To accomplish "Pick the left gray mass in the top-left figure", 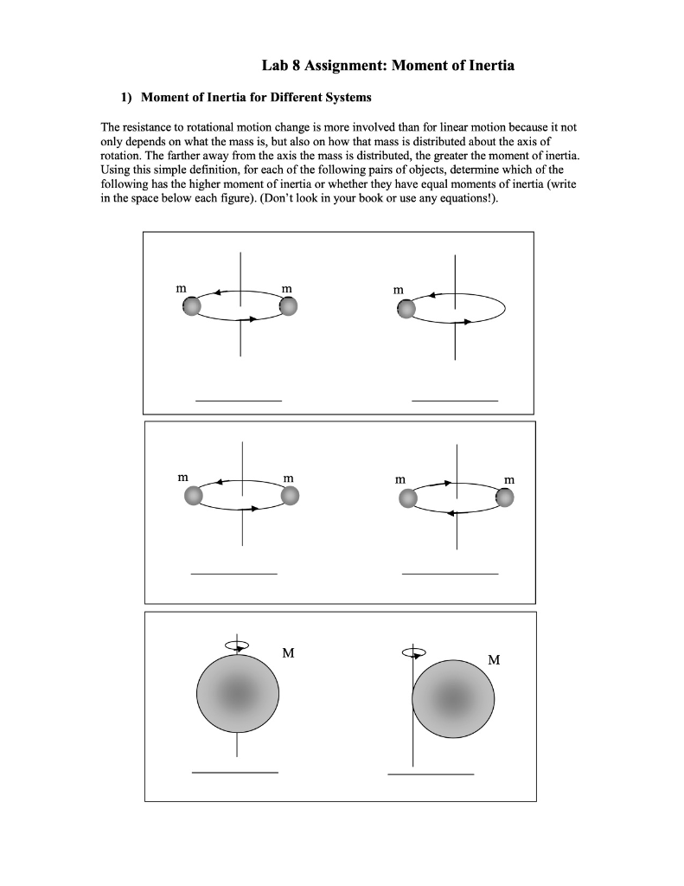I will click(192, 306).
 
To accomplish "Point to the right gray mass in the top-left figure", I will click(288, 306).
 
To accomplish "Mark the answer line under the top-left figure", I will click(239, 401).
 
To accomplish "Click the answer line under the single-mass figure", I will click(455, 401).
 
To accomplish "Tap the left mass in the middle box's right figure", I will click(407, 497).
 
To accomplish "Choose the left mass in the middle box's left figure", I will click(194, 495).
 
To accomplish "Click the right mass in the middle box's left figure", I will click(290, 495).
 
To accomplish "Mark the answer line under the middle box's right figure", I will click(450, 574).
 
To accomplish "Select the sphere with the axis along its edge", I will click(453, 699).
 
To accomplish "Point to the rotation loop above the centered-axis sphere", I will click(236, 645).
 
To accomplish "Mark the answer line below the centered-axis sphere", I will click(235, 772).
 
